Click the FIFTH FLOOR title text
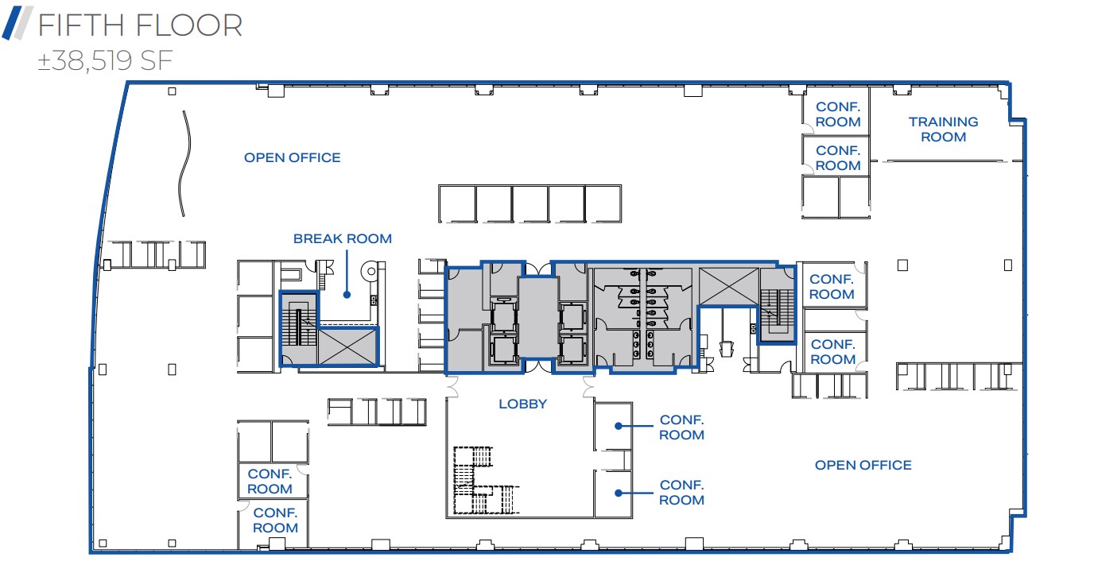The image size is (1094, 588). pos(139,26)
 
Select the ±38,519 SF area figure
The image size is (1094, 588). pos(105,61)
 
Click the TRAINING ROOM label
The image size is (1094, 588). pos(943,130)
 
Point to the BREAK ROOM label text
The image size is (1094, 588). pos(342,238)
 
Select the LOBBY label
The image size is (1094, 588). pos(522,404)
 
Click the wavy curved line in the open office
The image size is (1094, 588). pos(184,163)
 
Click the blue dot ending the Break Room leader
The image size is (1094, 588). pos(347,295)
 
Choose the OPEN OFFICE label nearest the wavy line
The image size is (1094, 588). pos(292,157)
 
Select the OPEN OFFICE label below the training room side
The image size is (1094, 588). pos(863,465)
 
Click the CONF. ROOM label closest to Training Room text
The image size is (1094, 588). pos(838,114)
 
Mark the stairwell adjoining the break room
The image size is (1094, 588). pos(299,328)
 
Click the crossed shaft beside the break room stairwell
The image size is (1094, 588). pos(348,346)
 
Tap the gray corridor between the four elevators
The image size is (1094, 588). pos(537,318)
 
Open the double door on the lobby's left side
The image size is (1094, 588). pos(454,387)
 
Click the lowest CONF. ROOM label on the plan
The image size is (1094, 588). pos(275,520)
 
